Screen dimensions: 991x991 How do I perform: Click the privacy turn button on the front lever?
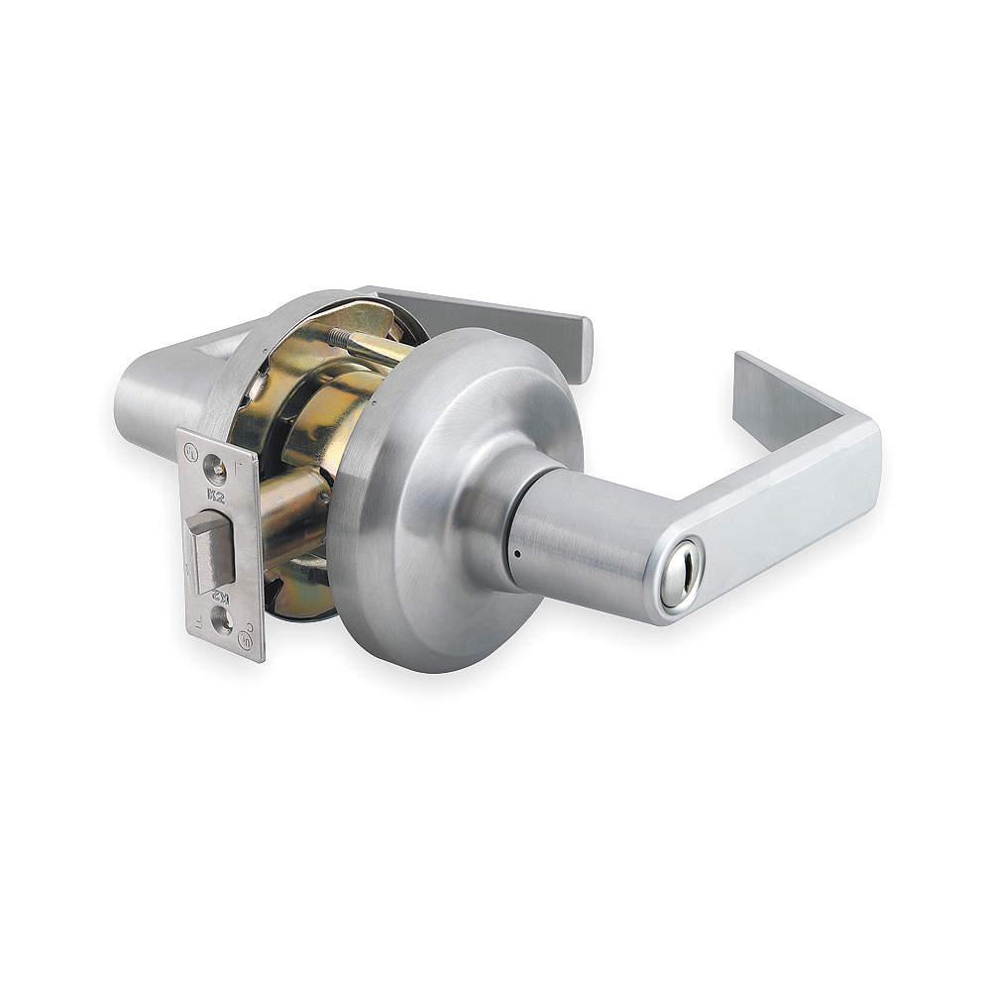[681, 576]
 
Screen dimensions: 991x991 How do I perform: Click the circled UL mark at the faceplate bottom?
[243, 639]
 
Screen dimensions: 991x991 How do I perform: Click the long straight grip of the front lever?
[773, 515]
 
